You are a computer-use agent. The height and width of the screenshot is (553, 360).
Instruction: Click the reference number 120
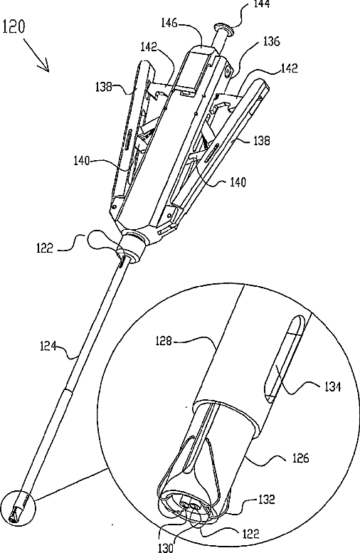[14, 27]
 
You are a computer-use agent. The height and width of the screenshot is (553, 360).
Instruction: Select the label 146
[170, 23]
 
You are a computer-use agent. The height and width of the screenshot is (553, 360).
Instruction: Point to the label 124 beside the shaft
[48, 346]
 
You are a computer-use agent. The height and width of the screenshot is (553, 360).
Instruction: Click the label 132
[265, 500]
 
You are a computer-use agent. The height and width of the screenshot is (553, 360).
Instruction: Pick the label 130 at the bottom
[165, 547]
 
